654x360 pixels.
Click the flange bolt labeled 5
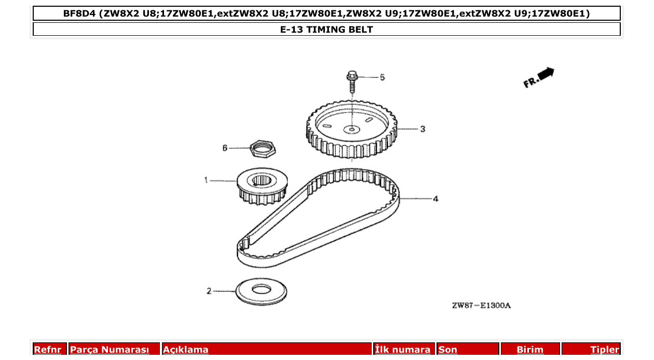point(351,81)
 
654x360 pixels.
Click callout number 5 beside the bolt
point(383,77)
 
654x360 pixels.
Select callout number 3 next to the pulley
point(423,129)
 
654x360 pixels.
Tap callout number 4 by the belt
point(435,199)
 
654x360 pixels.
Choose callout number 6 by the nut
point(225,148)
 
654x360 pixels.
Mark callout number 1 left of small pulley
point(206,180)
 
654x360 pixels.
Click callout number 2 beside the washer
point(209,291)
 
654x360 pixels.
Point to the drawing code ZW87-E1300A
point(481,306)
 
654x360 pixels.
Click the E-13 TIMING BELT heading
point(326,29)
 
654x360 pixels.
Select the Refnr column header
point(47,350)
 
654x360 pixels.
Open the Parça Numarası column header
point(110,350)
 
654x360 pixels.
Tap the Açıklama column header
point(186,350)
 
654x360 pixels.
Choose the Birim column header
point(530,350)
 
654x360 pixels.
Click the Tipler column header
point(605,350)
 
